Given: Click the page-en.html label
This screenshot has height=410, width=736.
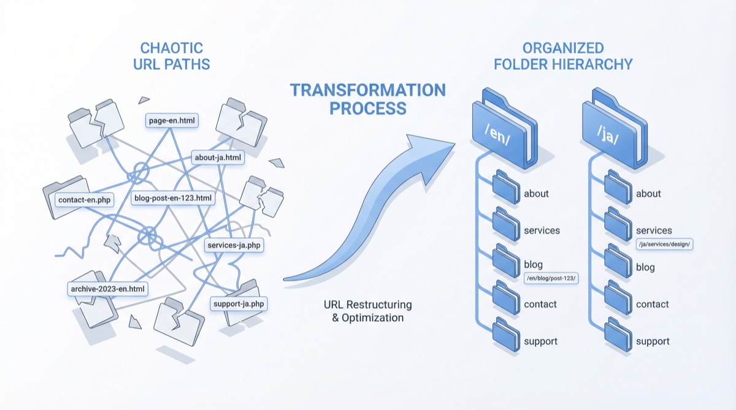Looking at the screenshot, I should point(172,121).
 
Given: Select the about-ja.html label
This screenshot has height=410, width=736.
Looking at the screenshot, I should point(218,158).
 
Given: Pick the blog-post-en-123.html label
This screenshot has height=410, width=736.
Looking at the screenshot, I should point(174,197).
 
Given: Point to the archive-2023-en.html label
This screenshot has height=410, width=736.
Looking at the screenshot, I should point(108,288).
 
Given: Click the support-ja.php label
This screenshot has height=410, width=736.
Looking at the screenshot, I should point(239,303).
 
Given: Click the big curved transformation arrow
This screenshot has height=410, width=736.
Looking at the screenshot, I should point(380,202).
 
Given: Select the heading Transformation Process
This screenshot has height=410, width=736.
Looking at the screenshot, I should point(368,99).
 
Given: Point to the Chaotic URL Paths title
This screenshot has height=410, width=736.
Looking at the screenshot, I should point(172,55).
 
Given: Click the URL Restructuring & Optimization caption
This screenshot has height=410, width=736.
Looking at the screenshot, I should point(368,311).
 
